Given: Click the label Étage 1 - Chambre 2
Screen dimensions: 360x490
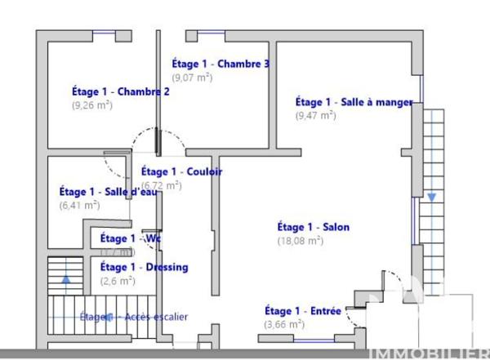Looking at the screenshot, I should (x=120, y=91).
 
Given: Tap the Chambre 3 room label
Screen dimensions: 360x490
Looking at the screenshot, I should (x=220, y=64).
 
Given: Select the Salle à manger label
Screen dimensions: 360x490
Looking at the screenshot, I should (x=354, y=102).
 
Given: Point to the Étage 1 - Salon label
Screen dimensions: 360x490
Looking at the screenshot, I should (x=314, y=227).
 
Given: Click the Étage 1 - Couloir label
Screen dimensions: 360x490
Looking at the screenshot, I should (x=181, y=171).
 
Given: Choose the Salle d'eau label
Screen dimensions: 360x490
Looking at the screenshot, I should (x=101, y=192).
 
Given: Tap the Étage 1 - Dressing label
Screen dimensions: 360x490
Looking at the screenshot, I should (x=144, y=267).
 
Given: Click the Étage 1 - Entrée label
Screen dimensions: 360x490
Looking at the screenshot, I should (x=302, y=311).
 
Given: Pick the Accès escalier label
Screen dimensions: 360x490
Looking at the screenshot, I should (x=134, y=317).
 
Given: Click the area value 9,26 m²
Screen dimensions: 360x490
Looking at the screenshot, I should (x=91, y=104).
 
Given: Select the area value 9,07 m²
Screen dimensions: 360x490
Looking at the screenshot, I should (x=192, y=78).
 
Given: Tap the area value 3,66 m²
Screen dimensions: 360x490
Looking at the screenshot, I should (x=284, y=324).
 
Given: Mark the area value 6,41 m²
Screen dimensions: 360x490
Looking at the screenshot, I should (x=79, y=205).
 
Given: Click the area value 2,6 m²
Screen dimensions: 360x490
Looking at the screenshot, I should (x=117, y=281).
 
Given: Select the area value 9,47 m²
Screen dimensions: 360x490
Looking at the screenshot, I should (x=315, y=116).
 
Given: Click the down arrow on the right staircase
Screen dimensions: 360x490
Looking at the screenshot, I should (x=430, y=198).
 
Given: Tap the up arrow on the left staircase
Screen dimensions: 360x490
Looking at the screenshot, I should (x=66, y=278).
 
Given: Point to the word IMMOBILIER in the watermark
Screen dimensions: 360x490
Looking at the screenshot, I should (x=430, y=353).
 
